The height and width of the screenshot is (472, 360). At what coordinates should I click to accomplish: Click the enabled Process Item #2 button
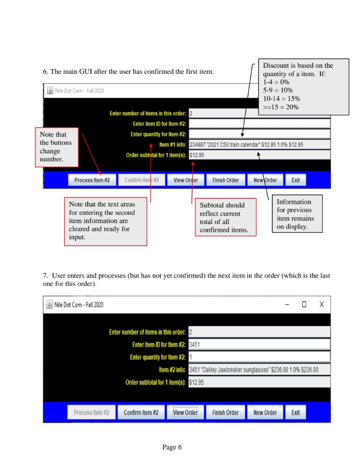(92, 180)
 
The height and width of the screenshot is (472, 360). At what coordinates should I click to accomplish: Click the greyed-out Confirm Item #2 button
(141, 180)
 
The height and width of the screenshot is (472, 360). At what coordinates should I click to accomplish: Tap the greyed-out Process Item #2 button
(91, 413)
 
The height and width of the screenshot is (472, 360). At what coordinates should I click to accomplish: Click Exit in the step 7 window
(295, 413)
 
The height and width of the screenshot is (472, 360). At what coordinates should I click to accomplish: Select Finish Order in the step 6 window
(225, 180)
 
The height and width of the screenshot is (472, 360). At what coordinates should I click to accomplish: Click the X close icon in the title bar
(322, 305)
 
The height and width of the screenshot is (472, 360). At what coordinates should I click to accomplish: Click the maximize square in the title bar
(304, 305)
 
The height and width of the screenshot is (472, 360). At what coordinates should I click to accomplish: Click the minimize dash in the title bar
(287, 305)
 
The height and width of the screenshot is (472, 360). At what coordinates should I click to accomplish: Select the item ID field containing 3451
(260, 344)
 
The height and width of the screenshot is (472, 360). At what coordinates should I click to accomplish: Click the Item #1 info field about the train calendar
(260, 145)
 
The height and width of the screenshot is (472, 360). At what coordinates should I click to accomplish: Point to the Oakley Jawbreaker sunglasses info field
(260, 370)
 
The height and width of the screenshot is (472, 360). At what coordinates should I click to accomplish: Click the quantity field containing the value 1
(260, 357)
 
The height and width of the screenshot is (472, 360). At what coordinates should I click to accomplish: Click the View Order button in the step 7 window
(185, 413)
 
